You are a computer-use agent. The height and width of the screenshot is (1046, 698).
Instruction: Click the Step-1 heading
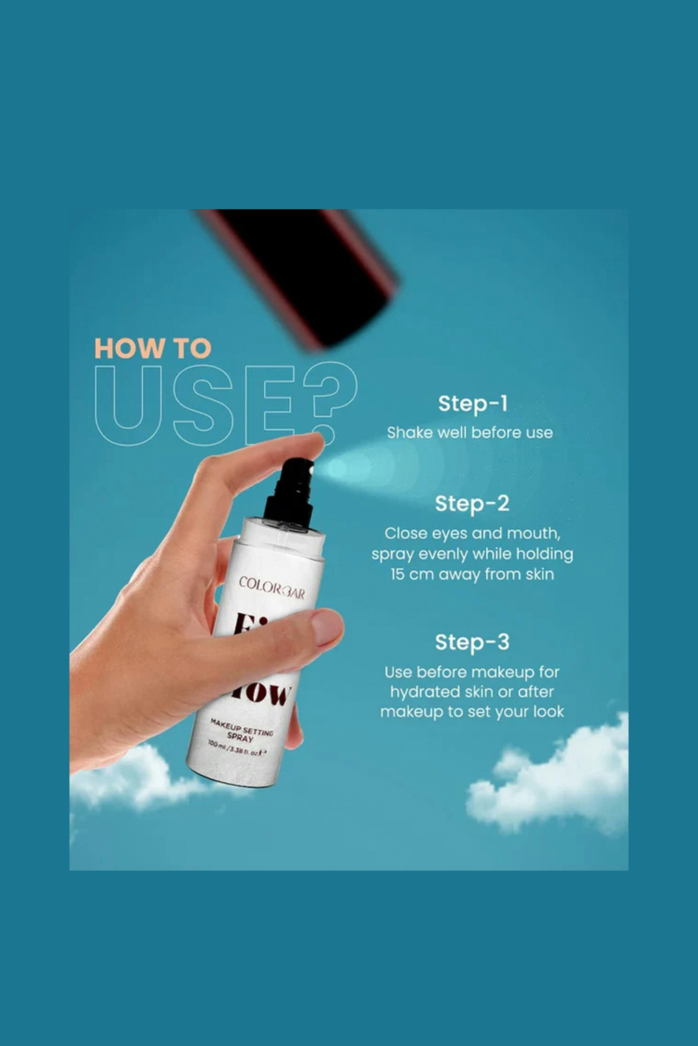click(x=472, y=404)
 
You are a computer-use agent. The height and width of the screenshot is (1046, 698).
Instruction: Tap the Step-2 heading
click(x=472, y=504)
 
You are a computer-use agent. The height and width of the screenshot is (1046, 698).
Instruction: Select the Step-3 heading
click(x=472, y=642)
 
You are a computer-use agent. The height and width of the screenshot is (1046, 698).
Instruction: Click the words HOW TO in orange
click(x=153, y=349)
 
